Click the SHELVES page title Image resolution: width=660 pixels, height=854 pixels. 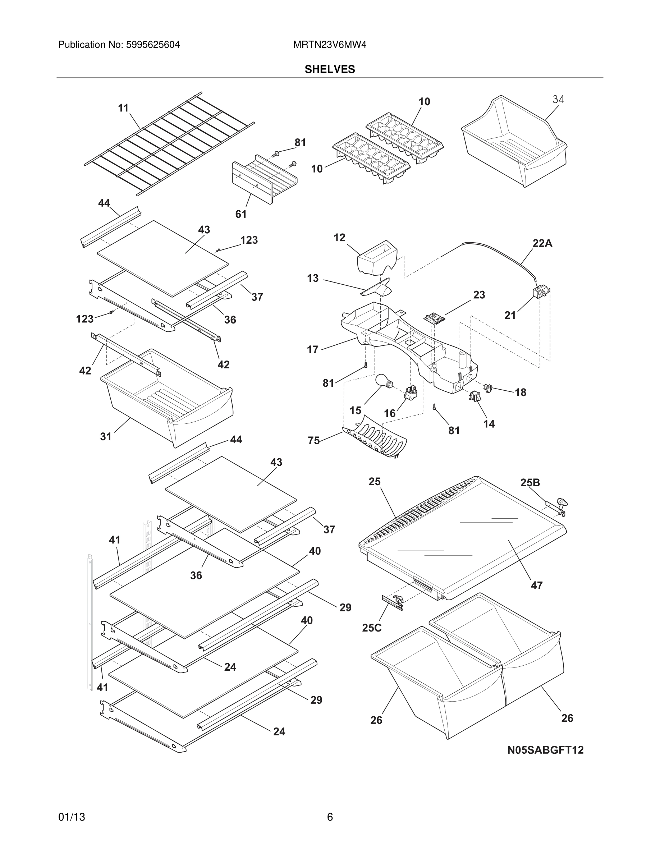coord(330,69)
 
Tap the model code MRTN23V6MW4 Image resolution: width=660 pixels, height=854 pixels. coord(330,45)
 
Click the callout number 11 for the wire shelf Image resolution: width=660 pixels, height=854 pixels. coord(123,108)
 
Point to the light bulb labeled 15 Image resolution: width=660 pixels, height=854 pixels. coord(384,381)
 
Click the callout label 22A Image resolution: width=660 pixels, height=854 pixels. coord(542,243)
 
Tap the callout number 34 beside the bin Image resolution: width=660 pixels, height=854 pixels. coord(558,99)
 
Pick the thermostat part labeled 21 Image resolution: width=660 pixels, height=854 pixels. coord(540,293)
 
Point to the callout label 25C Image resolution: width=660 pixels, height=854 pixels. coord(371,628)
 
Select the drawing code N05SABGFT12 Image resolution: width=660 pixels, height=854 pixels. coord(545,750)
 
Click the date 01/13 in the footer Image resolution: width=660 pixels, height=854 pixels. coord(72,817)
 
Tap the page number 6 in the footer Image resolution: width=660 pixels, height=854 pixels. coord(330,817)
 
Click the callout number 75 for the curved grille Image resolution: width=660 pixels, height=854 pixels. coord(313,440)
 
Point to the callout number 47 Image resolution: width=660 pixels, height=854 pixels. coord(536,585)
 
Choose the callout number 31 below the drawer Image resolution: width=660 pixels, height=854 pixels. coord(106,436)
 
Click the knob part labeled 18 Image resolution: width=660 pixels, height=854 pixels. coord(488,387)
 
